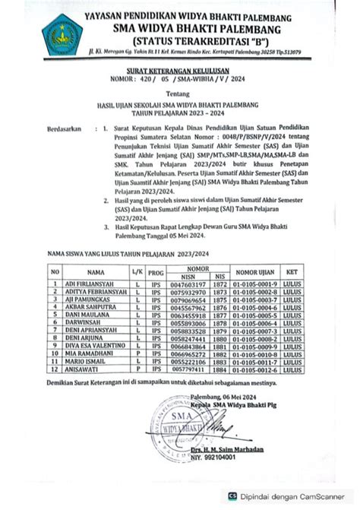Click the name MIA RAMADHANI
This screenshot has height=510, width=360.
pyautogui.click(x=96, y=354)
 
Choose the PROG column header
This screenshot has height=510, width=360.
pyautogui.click(x=155, y=271)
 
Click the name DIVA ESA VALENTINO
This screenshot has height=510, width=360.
pyautogui.click(x=103, y=346)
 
